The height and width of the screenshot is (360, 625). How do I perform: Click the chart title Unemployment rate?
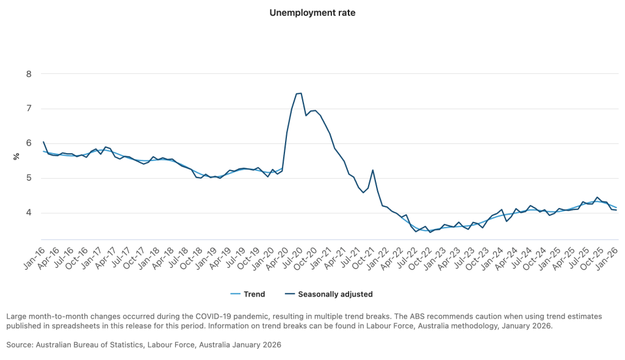pos(312,12)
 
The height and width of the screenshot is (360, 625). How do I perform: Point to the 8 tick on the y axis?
pos(28,74)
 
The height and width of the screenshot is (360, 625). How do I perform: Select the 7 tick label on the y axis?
pos(28,109)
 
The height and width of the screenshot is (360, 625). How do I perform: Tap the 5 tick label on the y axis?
pos(28,179)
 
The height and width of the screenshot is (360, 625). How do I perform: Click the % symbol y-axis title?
pos(16,157)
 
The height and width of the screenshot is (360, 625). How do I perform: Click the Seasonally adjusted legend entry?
pos(335,294)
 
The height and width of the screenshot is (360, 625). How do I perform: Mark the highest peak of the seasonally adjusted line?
pos(301,93)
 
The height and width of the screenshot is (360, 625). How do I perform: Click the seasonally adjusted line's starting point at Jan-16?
pos(43,142)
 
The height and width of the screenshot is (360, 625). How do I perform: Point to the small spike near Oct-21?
pos(372,170)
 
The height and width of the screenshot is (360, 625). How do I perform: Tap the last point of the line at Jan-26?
pos(616,210)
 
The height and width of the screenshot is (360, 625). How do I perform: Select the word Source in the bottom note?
pos(20,345)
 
